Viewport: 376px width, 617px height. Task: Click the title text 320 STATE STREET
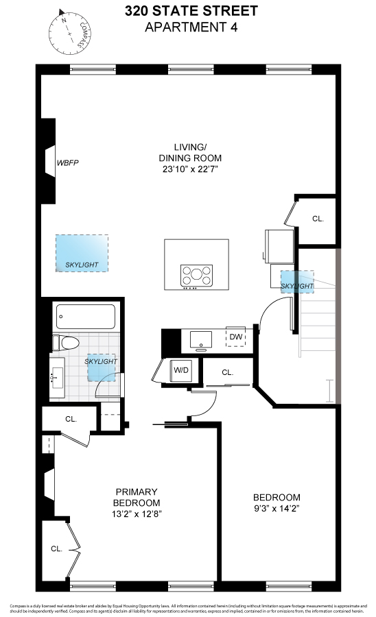tap(191, 11)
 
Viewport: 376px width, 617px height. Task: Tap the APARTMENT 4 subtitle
tap(191, 27)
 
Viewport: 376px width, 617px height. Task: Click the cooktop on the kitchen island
tap(196, 276)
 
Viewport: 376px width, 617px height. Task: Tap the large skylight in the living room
tap(82, 254)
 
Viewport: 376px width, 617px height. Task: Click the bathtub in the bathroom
tap(83, 316)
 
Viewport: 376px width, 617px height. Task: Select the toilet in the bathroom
tap(65, 343)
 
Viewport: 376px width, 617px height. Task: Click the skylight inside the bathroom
tap(102, 369)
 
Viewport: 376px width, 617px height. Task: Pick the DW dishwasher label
tap(236, 337)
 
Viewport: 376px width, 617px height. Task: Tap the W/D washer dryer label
tap(181, 370)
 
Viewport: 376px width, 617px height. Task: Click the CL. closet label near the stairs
tap(318, 219)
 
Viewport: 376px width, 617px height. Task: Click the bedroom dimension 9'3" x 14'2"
tap(277, 509)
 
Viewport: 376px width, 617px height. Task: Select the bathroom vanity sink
tap(57, 377)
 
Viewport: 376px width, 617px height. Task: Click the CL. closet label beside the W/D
tap(228, 373)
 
